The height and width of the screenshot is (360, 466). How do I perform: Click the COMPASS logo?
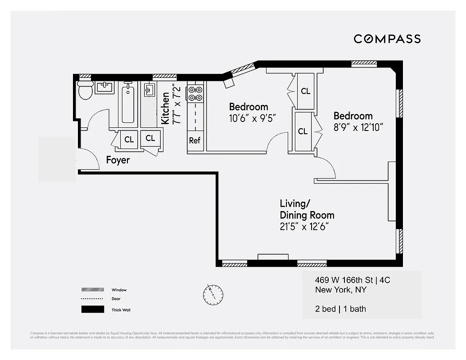coord(387,39)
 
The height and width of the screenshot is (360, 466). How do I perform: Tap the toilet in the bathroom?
coord(85,90)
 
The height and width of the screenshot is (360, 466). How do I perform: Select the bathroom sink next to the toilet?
coord(104,87)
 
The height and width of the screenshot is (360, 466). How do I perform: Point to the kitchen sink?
coord(149,90)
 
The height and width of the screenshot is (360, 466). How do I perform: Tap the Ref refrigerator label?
coord(195,140)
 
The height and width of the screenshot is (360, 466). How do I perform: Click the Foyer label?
coord(118,160)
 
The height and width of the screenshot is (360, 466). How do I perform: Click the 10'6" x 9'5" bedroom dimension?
coord(252,118)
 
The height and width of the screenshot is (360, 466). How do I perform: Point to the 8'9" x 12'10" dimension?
coord(358,127)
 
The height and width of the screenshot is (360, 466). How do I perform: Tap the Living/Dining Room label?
coord(307,209)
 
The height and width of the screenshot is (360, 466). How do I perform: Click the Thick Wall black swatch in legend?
coord(92,310)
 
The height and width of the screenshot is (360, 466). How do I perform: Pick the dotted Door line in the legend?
coord(92,299)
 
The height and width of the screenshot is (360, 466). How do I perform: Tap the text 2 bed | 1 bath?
coord(340,309)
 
